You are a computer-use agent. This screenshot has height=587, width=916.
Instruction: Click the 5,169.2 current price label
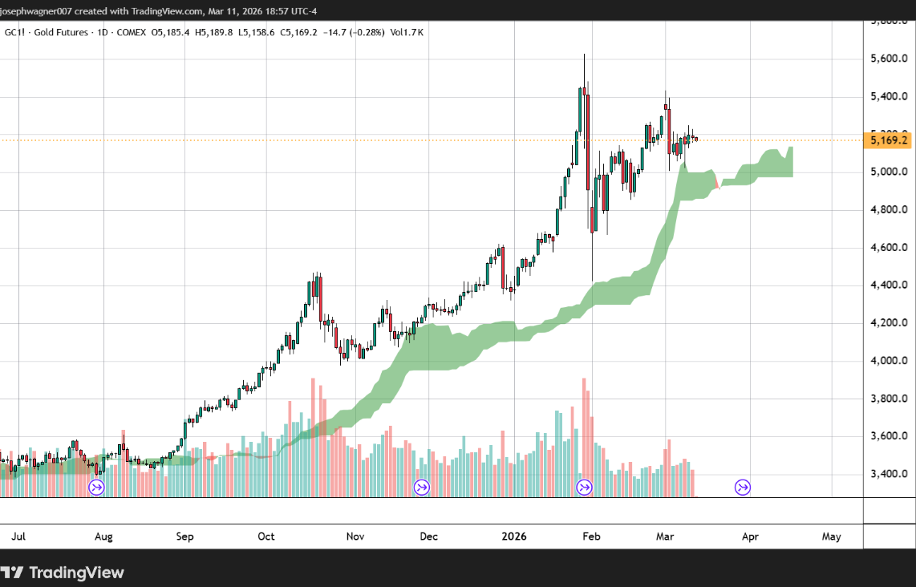tap(889, 141)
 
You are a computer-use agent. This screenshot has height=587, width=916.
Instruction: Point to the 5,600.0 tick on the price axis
tap(889, 59)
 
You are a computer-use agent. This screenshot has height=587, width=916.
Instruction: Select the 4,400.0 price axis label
tap(889, 285)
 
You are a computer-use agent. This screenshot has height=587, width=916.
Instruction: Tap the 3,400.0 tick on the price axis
tap(889, 474)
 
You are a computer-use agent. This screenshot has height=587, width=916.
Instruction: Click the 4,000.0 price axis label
tap(889, 361)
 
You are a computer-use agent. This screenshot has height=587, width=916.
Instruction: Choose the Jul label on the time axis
tap(16, 536)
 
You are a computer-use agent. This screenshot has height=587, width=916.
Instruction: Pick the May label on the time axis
tap(831, 536)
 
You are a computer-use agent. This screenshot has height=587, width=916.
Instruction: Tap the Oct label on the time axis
tap(266, 536)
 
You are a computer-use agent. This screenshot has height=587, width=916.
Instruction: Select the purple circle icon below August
tap(96, 487)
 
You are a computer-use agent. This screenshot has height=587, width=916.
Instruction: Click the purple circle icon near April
tap(743, 487)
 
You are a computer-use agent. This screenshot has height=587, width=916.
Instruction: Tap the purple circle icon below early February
tap(585, 487)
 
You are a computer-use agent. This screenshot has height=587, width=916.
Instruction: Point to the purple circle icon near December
tap(421, 487)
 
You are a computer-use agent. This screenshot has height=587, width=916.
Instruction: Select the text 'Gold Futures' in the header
tap(62, 32)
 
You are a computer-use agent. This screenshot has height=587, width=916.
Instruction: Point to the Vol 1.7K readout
tap(407, 32)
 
